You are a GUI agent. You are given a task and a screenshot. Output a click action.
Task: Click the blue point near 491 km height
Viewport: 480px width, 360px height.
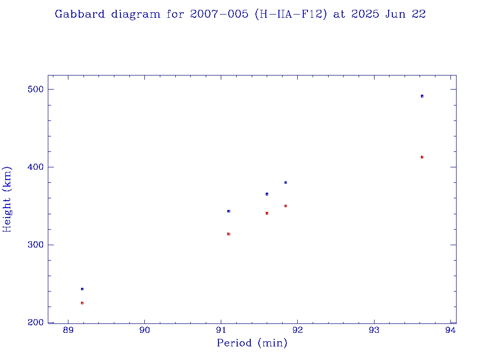pos(422,96)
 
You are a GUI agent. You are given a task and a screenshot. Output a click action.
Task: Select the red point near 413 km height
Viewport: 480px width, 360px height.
pos(422,157)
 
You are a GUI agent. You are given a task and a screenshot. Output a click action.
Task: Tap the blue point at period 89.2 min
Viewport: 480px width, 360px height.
pos(82,289)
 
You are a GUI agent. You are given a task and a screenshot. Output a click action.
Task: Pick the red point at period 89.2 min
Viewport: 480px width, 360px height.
pos(82,303)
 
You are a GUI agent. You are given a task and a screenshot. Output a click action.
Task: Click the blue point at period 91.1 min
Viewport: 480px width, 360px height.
pos(229,211)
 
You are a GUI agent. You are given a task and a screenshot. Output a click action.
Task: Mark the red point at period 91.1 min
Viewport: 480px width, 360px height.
pos(229,234)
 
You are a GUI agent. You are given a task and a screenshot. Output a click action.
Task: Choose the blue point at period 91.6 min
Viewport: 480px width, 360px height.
pos(267,194)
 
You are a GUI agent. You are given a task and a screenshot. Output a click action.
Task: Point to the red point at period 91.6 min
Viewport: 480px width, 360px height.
pos(267,213)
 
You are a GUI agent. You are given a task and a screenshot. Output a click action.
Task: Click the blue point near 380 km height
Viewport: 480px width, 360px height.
pos(285,182)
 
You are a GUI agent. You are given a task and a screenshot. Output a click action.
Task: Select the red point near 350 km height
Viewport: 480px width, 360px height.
pos(285,206)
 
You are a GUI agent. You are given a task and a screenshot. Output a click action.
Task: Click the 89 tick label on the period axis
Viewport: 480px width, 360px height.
pos(68,330)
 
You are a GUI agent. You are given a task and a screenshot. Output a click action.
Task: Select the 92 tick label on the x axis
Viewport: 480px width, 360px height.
pos(298,330)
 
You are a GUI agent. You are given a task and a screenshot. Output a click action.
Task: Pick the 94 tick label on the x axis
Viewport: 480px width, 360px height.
pos(450,330)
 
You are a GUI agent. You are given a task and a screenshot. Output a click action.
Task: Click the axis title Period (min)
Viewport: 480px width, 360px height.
pos(252,344)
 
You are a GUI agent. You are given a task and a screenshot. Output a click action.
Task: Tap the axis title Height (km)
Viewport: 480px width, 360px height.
pos(7,199)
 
